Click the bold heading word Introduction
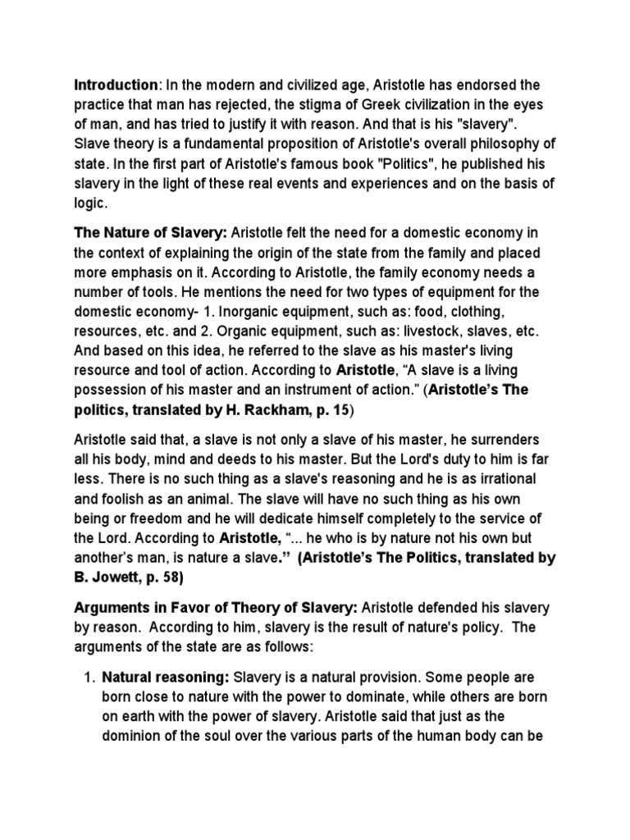click(x=116, y=85)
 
